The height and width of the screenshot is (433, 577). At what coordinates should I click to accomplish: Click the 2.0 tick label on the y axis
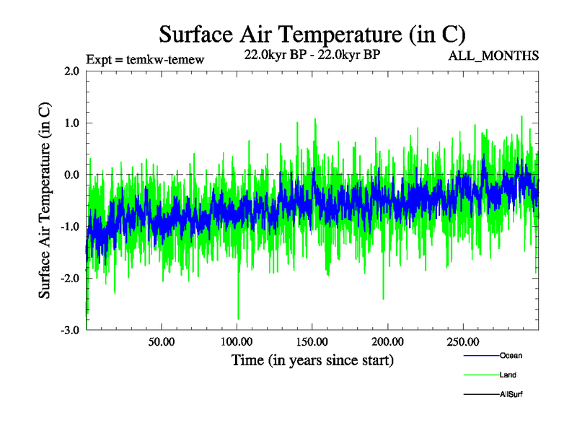71,71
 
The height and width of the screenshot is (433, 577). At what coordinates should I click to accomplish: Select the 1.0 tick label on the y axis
71,123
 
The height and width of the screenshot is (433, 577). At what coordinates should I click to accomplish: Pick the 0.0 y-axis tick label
71,175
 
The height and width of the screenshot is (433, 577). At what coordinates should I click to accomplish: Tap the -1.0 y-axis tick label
70,227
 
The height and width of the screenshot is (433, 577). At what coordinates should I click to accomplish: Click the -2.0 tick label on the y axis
70,279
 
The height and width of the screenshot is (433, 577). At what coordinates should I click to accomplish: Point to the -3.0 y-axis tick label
70,331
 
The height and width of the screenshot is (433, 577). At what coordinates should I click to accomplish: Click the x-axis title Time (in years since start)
312,359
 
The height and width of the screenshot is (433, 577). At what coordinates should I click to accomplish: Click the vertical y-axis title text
44,201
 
